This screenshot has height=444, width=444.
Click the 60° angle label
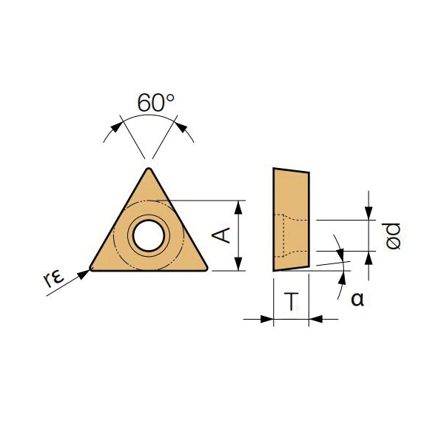pyautogui.click(x=155, y=102)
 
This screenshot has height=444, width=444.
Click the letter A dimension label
pyautogui.click(x=221, y=236)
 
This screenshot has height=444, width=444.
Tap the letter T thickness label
pyautogui.click(x=292, y=301)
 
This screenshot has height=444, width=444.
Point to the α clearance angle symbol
pyautogui.click(x=357, y=299)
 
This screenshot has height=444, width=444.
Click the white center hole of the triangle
pyautogui.click(x=149, y=235)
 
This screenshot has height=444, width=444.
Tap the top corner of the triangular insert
pyautogui.click(x=149, y=169)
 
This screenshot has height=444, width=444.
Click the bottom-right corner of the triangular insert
pyautogui.click(x=206, y=269)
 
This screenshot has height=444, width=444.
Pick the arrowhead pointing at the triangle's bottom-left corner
pyautogui.click(x=84, y=274)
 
